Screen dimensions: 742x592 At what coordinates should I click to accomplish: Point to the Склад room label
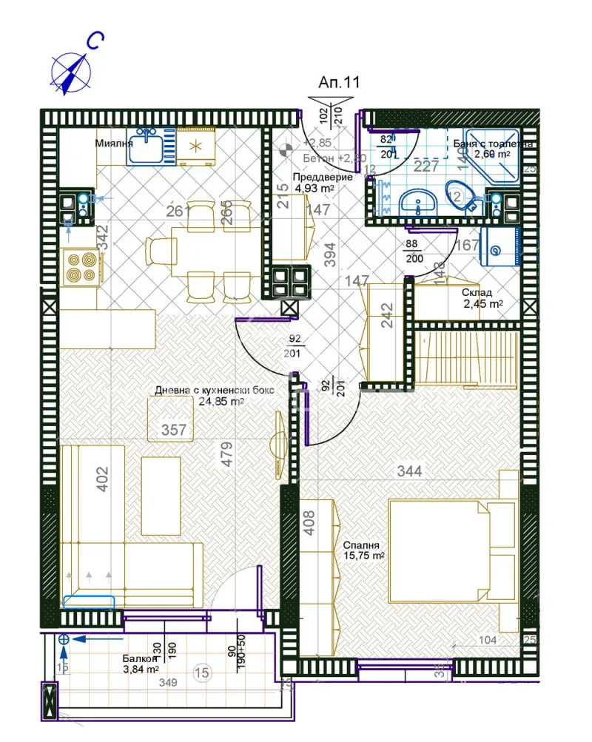pyautogui.click(x=477, y=293)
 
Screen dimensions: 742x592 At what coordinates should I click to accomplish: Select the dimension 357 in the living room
pyautogui.click(x=174, y=430)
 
